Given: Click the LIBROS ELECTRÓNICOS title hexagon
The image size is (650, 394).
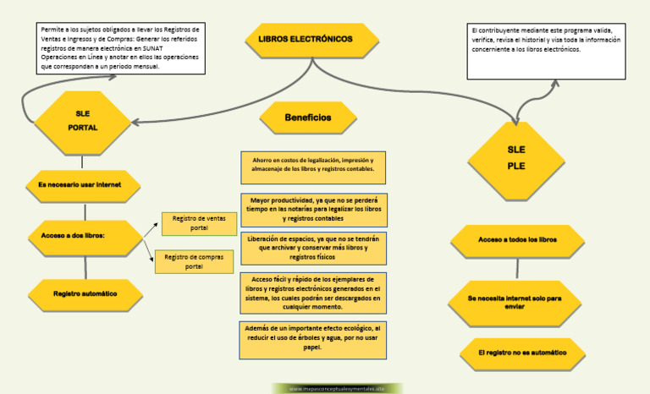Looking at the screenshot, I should click(311, 40).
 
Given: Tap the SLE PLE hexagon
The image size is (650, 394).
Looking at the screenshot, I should click(516, 157).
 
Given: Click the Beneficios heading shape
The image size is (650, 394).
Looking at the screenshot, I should click(308, 118).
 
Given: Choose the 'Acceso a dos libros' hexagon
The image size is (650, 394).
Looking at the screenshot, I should click(84, 235).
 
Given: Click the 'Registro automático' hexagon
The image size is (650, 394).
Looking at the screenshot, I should click(85, 294).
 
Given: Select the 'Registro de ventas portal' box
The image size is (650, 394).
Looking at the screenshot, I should click(199, 223).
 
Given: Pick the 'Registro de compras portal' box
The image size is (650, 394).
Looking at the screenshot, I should click(194, 261).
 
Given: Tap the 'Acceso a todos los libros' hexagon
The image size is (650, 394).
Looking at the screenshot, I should click(517, 240).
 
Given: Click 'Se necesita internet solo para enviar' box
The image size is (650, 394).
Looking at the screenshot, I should click(514, 303).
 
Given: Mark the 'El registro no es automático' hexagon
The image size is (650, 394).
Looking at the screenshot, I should click(521, 352).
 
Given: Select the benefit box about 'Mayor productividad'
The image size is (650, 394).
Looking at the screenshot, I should click(313, 208).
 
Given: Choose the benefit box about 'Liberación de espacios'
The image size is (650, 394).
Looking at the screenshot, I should click(313, 248).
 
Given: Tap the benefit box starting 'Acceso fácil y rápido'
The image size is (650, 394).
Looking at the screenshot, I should click(313, 293).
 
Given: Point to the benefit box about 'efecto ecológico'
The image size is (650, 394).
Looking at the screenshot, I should click(313, 337).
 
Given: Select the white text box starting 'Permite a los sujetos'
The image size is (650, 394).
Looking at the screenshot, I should click(122, 48).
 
